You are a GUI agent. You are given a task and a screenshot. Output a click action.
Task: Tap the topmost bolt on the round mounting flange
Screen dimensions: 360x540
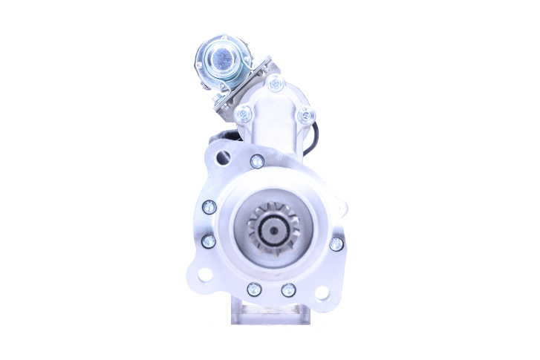[x=257, y=160]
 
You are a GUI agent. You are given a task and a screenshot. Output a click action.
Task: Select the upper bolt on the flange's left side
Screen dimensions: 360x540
[x=209, y=207]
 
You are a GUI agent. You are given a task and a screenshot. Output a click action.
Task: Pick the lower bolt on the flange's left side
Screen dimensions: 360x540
[x=209, y=240]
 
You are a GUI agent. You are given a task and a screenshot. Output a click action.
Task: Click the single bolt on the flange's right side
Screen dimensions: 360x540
[x=336, y=243]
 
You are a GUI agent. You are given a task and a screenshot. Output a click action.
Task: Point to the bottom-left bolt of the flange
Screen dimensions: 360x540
[x=254, y=289]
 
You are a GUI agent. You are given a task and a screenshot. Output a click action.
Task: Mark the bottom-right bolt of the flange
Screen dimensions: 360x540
[x=288, y=289]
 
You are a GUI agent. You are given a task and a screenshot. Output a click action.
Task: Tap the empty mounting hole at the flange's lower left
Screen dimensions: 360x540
[x=205, y=275]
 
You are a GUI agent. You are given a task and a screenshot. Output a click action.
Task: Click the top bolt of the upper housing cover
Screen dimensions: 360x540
[x=275, y=84]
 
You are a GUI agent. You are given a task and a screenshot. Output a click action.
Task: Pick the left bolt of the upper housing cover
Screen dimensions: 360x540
[x=242, y=115]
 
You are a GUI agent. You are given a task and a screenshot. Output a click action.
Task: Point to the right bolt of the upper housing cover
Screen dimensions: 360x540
[x=305, y=116]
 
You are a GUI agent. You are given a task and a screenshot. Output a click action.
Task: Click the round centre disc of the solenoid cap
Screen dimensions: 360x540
[x=221, y=56]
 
